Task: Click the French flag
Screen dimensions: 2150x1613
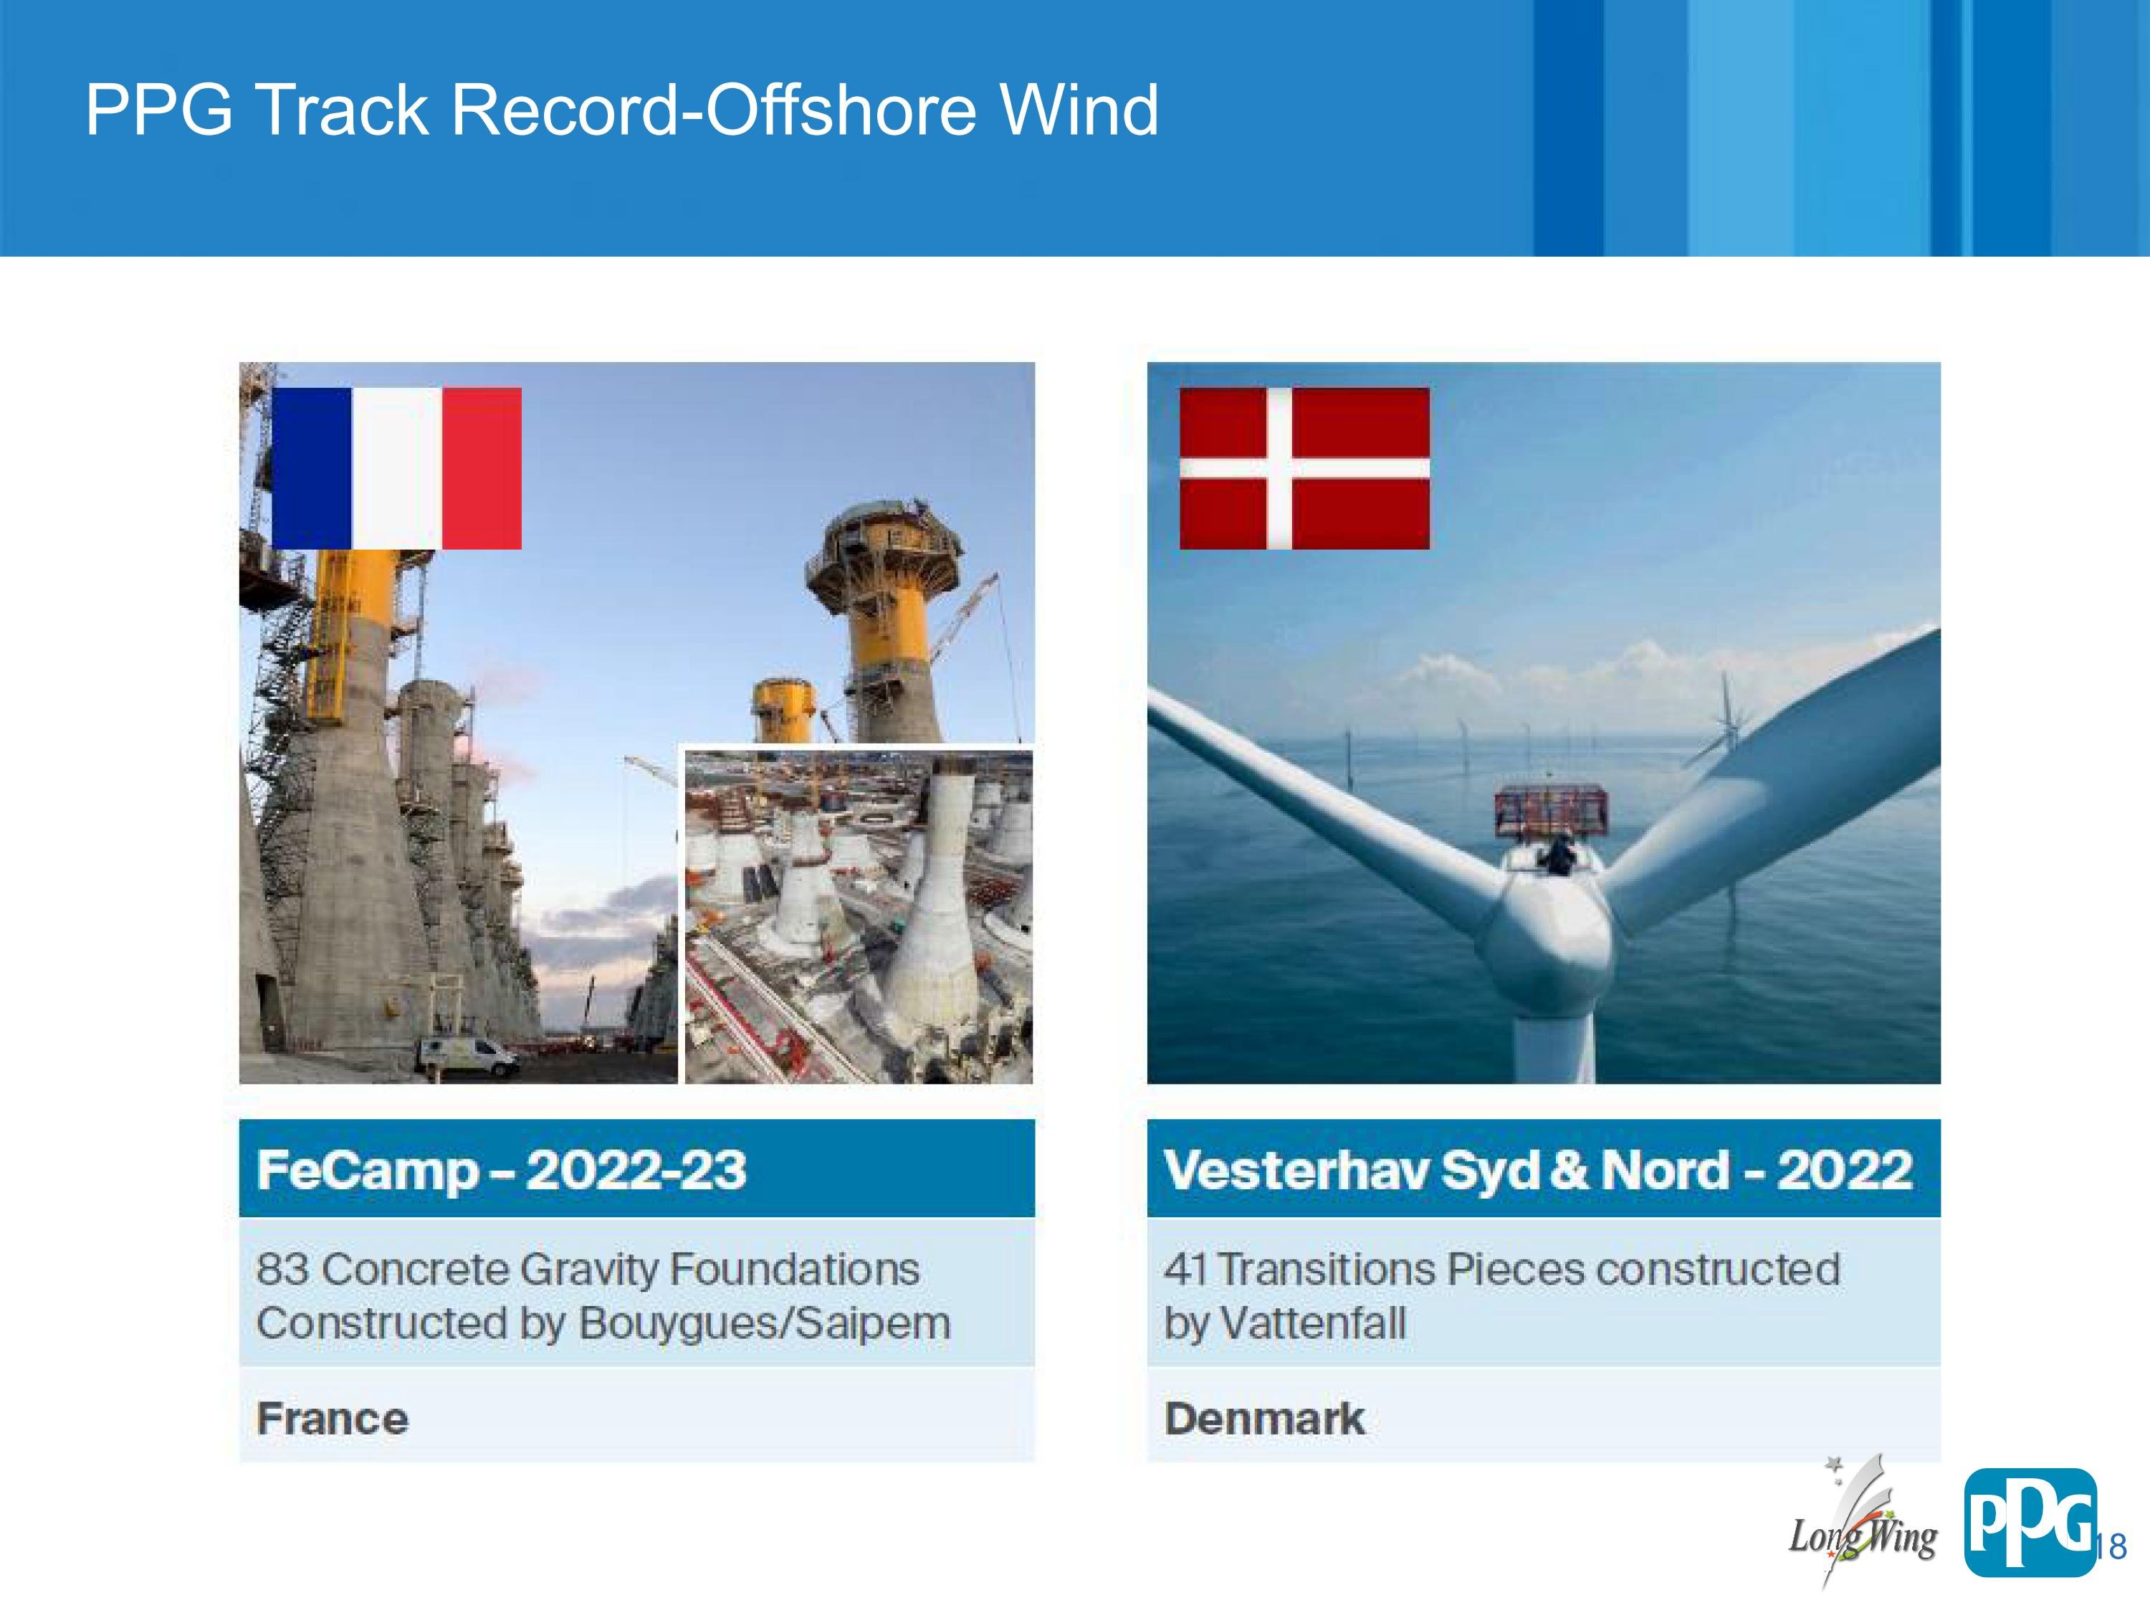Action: click(396, 469)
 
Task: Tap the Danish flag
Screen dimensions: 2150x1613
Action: click(1304, 469)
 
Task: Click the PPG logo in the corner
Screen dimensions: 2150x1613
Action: click(2030, 1523)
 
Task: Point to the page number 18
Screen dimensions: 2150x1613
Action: click(2112, 1546)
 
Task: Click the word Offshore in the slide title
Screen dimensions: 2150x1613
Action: click(840, 109)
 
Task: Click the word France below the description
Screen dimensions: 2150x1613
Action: click(333, 1419)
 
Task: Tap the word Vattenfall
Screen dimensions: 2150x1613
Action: click(1312, 1323)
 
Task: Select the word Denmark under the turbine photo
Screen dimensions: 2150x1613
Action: click(1264, 1419)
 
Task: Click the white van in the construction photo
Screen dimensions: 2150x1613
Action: click(467, 1056)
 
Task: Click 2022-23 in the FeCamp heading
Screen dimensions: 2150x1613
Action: click(636, 1170)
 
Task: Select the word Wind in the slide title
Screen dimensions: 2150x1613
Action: click(1080, 109)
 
